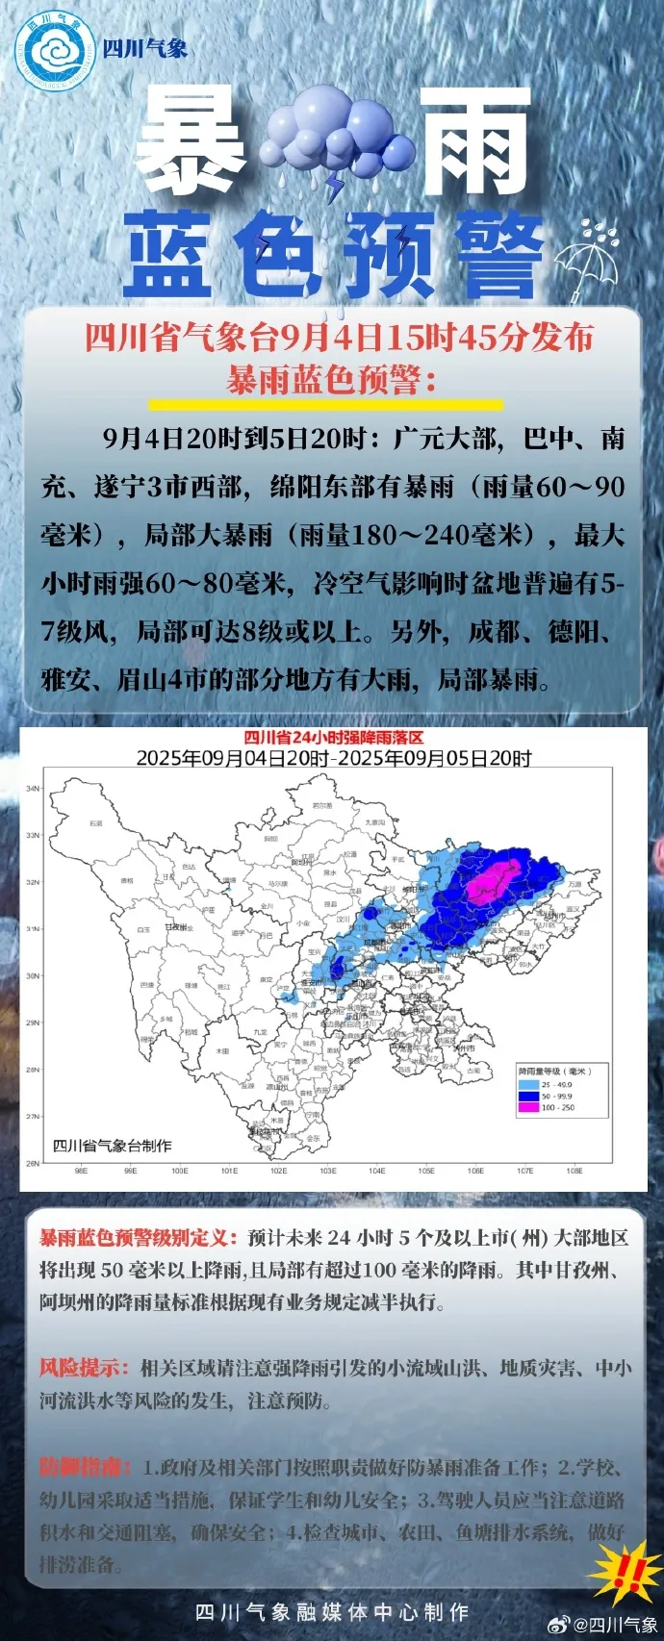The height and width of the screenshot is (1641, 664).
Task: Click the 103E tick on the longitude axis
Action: (x=328, y=1172)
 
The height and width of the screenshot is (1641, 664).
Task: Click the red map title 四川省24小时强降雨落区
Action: (x=333, y=738)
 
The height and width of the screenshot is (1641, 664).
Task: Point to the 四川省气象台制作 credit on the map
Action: (x=113, y=1146)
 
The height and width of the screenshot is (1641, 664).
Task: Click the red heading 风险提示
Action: (x=84, y=1367)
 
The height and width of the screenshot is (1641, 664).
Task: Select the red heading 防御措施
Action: (x=84, y=1467)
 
